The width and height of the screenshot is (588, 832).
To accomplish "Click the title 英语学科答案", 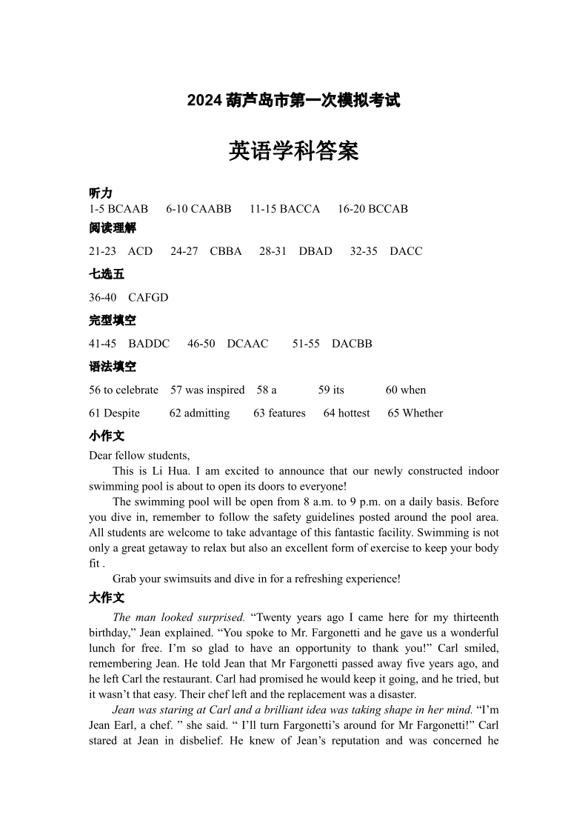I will point(294,151).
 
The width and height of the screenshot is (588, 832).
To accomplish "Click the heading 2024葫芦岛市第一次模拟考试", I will point(293,100).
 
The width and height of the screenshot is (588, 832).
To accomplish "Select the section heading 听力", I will point(101,193).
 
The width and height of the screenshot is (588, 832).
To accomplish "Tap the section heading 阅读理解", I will point(113,228).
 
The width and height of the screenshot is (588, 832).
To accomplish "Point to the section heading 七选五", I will point(107,274).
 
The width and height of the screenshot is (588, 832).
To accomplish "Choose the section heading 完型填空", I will point(113,321).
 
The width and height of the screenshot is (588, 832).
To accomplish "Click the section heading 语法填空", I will point(113,367).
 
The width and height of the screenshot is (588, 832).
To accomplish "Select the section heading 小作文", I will point(107,436).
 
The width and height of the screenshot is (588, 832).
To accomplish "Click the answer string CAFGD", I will point(148,298).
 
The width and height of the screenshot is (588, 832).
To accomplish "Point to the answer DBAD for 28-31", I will point(315,251).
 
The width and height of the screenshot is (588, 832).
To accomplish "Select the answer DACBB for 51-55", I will point(352,344).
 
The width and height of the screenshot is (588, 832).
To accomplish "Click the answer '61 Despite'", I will point(114,413).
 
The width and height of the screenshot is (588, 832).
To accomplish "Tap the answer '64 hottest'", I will point(347,413).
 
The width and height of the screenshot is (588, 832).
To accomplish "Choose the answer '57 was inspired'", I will point(207,390).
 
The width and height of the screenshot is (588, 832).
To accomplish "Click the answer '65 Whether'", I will point(415,413).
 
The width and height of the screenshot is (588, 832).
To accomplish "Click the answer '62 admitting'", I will point(199,413).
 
